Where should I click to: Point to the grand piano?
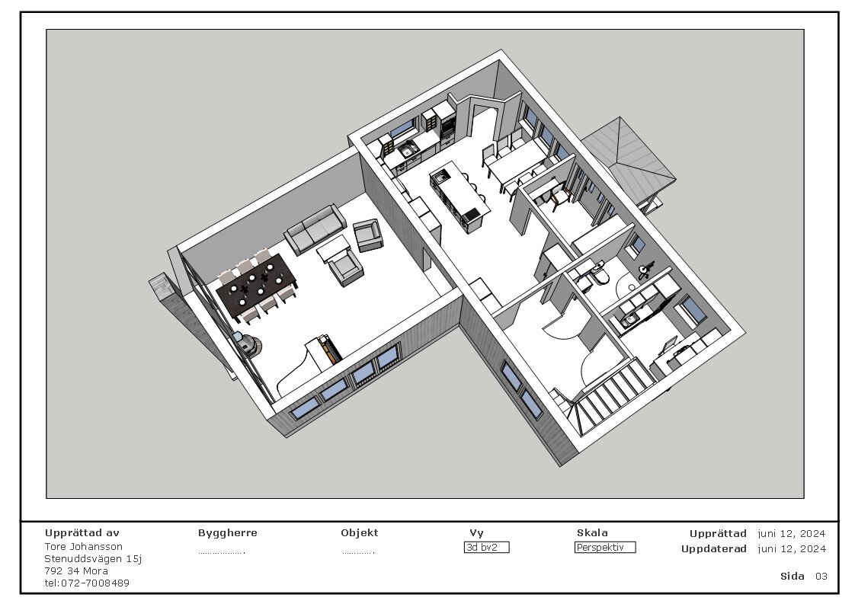[x=309, y=364]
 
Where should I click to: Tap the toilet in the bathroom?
[x=600, y=273]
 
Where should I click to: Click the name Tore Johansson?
[x=83, y=547]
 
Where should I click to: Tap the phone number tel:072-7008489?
[x=87, y=583]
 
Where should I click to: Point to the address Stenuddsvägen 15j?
[x=93, y=559]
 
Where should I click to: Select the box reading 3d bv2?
[x=486, y=548]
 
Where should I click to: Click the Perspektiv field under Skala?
[x=604, y=548]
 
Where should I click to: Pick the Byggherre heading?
[x=227, y=533]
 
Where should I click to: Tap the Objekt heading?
[x=359, y=533]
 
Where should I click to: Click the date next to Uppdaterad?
[x=792, y=549]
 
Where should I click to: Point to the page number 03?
[x=821, y=577]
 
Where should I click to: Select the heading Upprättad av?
[x=82, y=533]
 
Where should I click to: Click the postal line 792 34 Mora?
[x=76, y=571]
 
